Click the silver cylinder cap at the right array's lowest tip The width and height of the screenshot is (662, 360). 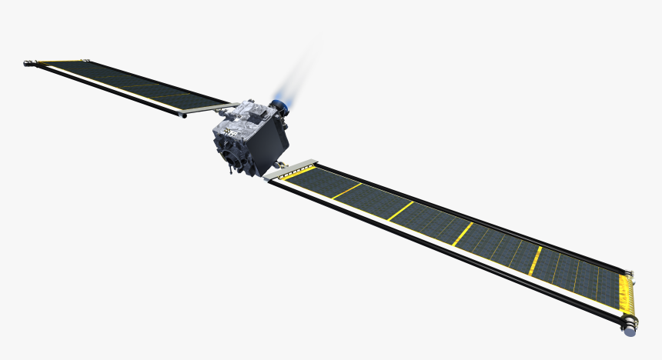pyautogui.click(x=630, y=330)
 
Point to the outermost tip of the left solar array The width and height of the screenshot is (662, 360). pyautogui.click(x=29, y=61)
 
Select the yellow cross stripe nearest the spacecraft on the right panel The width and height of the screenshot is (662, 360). pyautogui.click(x=346, y=191)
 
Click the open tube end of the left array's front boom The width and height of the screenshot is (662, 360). pyautogui.click(x=182, y=116)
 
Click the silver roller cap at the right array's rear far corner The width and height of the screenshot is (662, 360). pyautogui.click(x=633, y=272)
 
